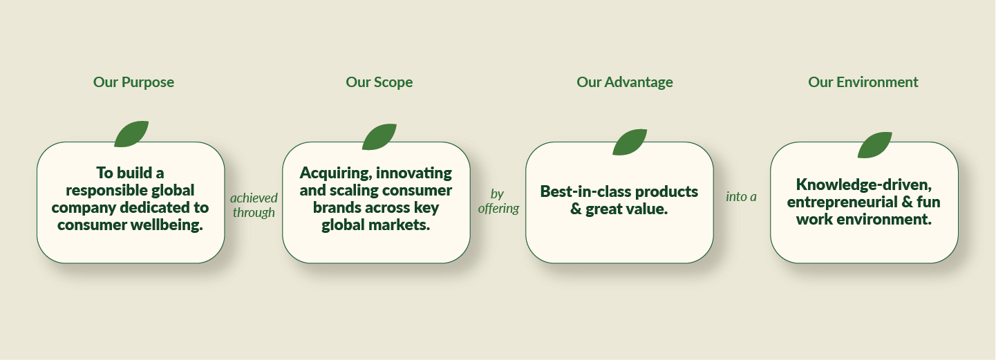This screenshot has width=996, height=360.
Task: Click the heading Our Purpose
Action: click(x=133, y=82)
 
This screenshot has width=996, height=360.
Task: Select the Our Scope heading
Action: click(x=379, y=82)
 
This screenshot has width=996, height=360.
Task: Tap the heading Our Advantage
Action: click(x=625, y=82)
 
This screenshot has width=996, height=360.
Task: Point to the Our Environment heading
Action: click(x=863, y=82)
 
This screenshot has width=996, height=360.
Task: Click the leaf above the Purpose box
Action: click(x=131, y=134)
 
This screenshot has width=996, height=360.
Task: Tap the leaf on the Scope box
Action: click(x=379, y=137)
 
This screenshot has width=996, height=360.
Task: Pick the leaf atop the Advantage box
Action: click(x=630, y=142)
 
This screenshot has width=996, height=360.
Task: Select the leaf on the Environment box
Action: click(x=874, y=145)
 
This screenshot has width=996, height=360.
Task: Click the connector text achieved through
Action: click(x=254, y=205)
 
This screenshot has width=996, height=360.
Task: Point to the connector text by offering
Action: click(x=498, y=201)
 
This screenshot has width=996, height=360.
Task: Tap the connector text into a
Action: click(x=741, y=197)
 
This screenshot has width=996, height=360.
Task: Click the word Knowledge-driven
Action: click(x=864, y=184)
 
